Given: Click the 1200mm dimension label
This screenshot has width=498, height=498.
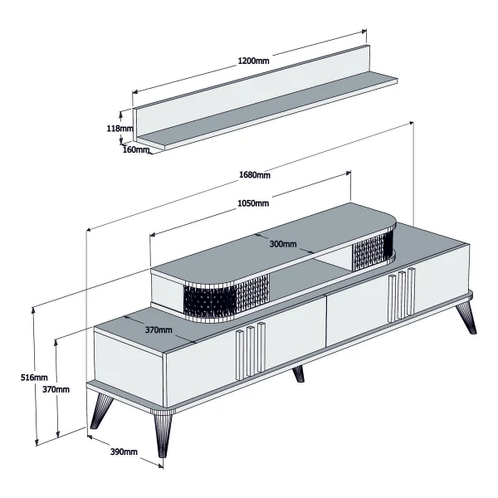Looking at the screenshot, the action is click(x=253, y=61).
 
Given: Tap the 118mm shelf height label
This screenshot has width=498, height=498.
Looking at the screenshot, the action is click(x=120, y=129).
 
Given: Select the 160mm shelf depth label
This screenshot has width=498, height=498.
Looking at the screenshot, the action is click(x=136, y=149).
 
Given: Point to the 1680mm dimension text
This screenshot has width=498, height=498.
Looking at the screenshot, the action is click(x=255, y=174).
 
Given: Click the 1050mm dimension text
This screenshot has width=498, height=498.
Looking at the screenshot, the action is click(x=253, y=203).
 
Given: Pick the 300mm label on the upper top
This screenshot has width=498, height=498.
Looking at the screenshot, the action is click(x=283, y=244).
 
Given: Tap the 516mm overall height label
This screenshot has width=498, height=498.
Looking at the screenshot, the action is click(x=34, y=378).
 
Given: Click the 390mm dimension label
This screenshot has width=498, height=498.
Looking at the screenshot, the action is click(x=124, y=452).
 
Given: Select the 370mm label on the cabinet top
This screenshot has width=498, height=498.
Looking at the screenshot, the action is click(x=159, y=330).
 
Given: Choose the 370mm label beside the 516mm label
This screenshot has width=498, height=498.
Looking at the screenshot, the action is click(x=56, y=389).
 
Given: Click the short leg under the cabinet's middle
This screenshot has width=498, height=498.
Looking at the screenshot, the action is click(x=299, y=373).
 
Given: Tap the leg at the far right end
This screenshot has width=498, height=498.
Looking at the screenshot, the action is click(x=466, y=318).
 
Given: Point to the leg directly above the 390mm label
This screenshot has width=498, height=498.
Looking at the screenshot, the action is click(x=163, y=434).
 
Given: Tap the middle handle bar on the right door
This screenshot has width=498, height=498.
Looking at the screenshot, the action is click(x=402, y=295).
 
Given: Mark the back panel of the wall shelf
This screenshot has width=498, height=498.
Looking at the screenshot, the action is click(x=251, y=92).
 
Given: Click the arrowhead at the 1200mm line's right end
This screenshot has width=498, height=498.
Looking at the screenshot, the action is click(x=364, y=32).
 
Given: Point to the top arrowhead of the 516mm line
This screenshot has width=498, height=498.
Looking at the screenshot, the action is click(x=33, y=310).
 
